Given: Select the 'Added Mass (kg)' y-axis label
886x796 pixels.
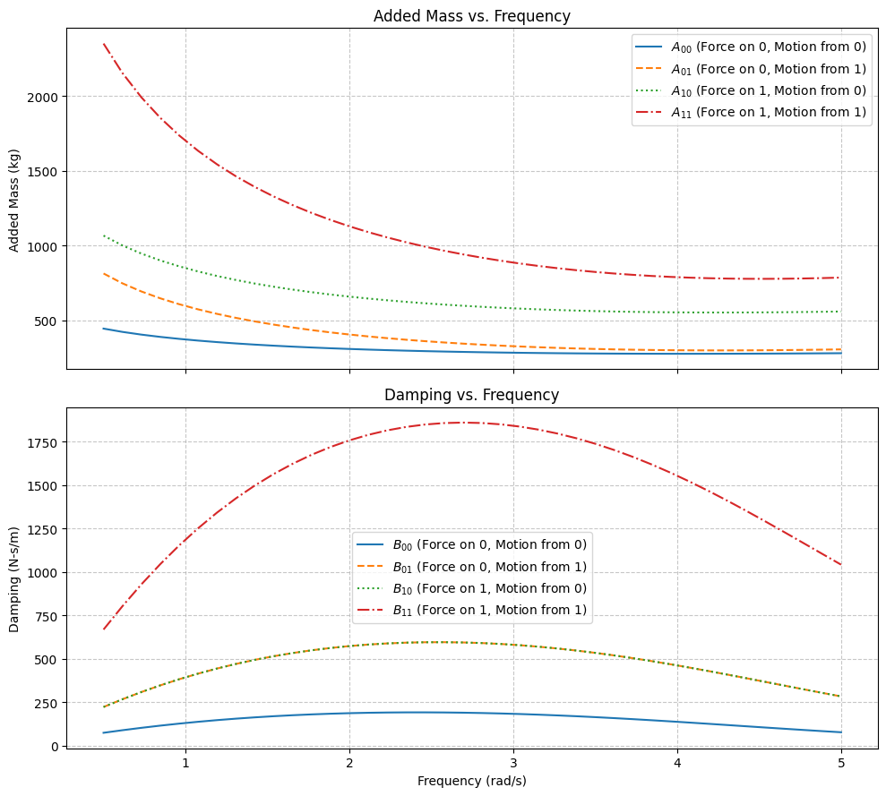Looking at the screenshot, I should point(15,199).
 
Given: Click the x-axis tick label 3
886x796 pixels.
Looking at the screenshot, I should point(513,763).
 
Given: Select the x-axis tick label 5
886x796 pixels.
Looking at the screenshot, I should point(841,763).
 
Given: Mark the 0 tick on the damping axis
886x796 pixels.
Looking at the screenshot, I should point(55,746).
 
